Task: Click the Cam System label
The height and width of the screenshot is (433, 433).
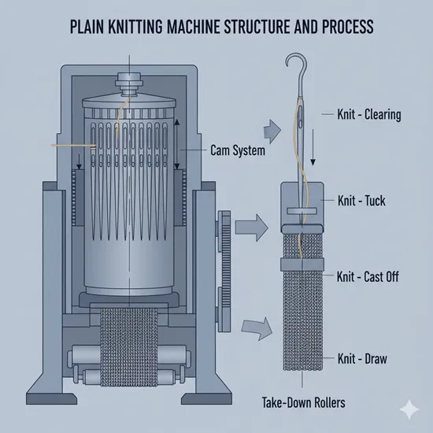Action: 237,149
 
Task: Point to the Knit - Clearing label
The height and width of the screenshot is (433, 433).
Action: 369,115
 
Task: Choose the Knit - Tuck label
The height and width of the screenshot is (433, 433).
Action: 361,200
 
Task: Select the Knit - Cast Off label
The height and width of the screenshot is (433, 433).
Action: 367,276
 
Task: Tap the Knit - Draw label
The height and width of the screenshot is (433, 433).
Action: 361,358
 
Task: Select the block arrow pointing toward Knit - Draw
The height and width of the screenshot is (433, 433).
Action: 257,325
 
